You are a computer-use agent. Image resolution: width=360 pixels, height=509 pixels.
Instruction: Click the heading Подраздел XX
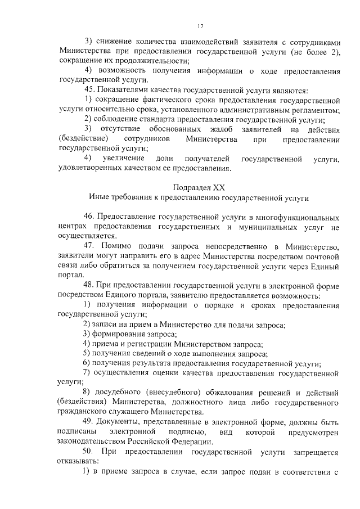(x=200, y=187)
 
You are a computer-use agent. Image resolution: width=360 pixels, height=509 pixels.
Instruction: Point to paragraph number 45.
(x=89, y=89)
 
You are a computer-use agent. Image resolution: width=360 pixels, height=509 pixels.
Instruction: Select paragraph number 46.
(x=89, y=217)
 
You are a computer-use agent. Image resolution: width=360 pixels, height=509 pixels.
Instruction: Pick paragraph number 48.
(x=89, y=286)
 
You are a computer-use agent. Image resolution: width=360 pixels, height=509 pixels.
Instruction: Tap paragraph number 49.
(x=89, y=422)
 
